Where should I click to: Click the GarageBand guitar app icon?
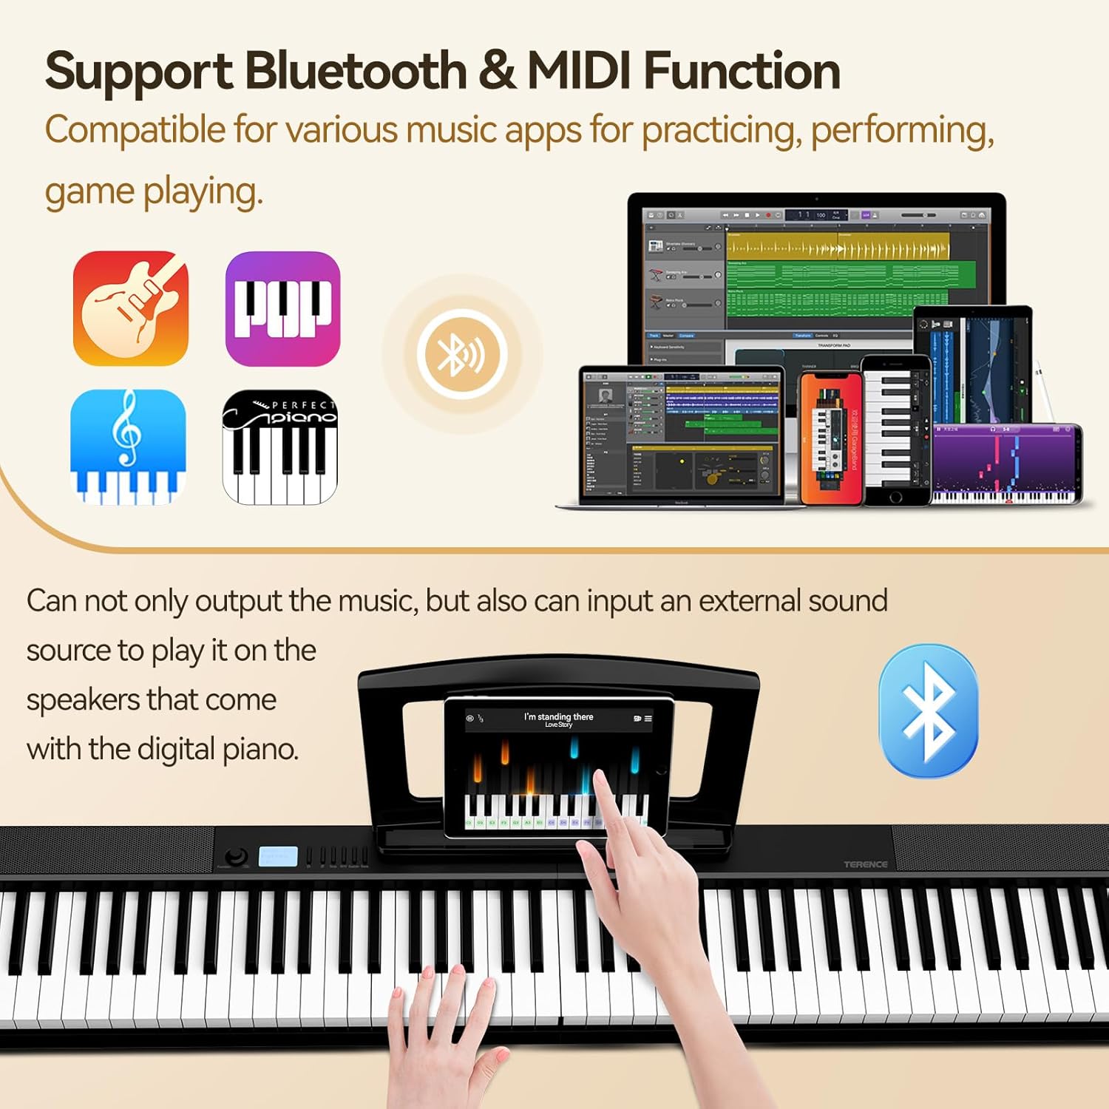(x=131, y=308)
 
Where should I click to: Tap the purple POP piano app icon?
(x=282, y=308)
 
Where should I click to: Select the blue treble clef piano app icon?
(x=128, y=447)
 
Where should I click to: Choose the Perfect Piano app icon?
(x=279, y=447)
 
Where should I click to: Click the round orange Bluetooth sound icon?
(x=462, y=354)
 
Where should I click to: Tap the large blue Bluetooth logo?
(x=928, y=710)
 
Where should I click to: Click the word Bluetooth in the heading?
(x=355, y=72)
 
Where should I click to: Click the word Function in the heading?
(x=742, y=72)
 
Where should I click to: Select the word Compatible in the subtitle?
(x=135, y=130)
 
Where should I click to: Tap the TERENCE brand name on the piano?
(x=865, y=864)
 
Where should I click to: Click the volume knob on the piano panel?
(x=236, y=857)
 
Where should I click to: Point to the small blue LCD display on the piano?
(x=278, y=857)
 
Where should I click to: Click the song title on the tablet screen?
(x=558, y=717)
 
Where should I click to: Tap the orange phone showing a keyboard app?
(x=830, y=439)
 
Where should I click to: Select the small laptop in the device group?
(x=680, y=436)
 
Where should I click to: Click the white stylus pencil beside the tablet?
(x=1045, y=392)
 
